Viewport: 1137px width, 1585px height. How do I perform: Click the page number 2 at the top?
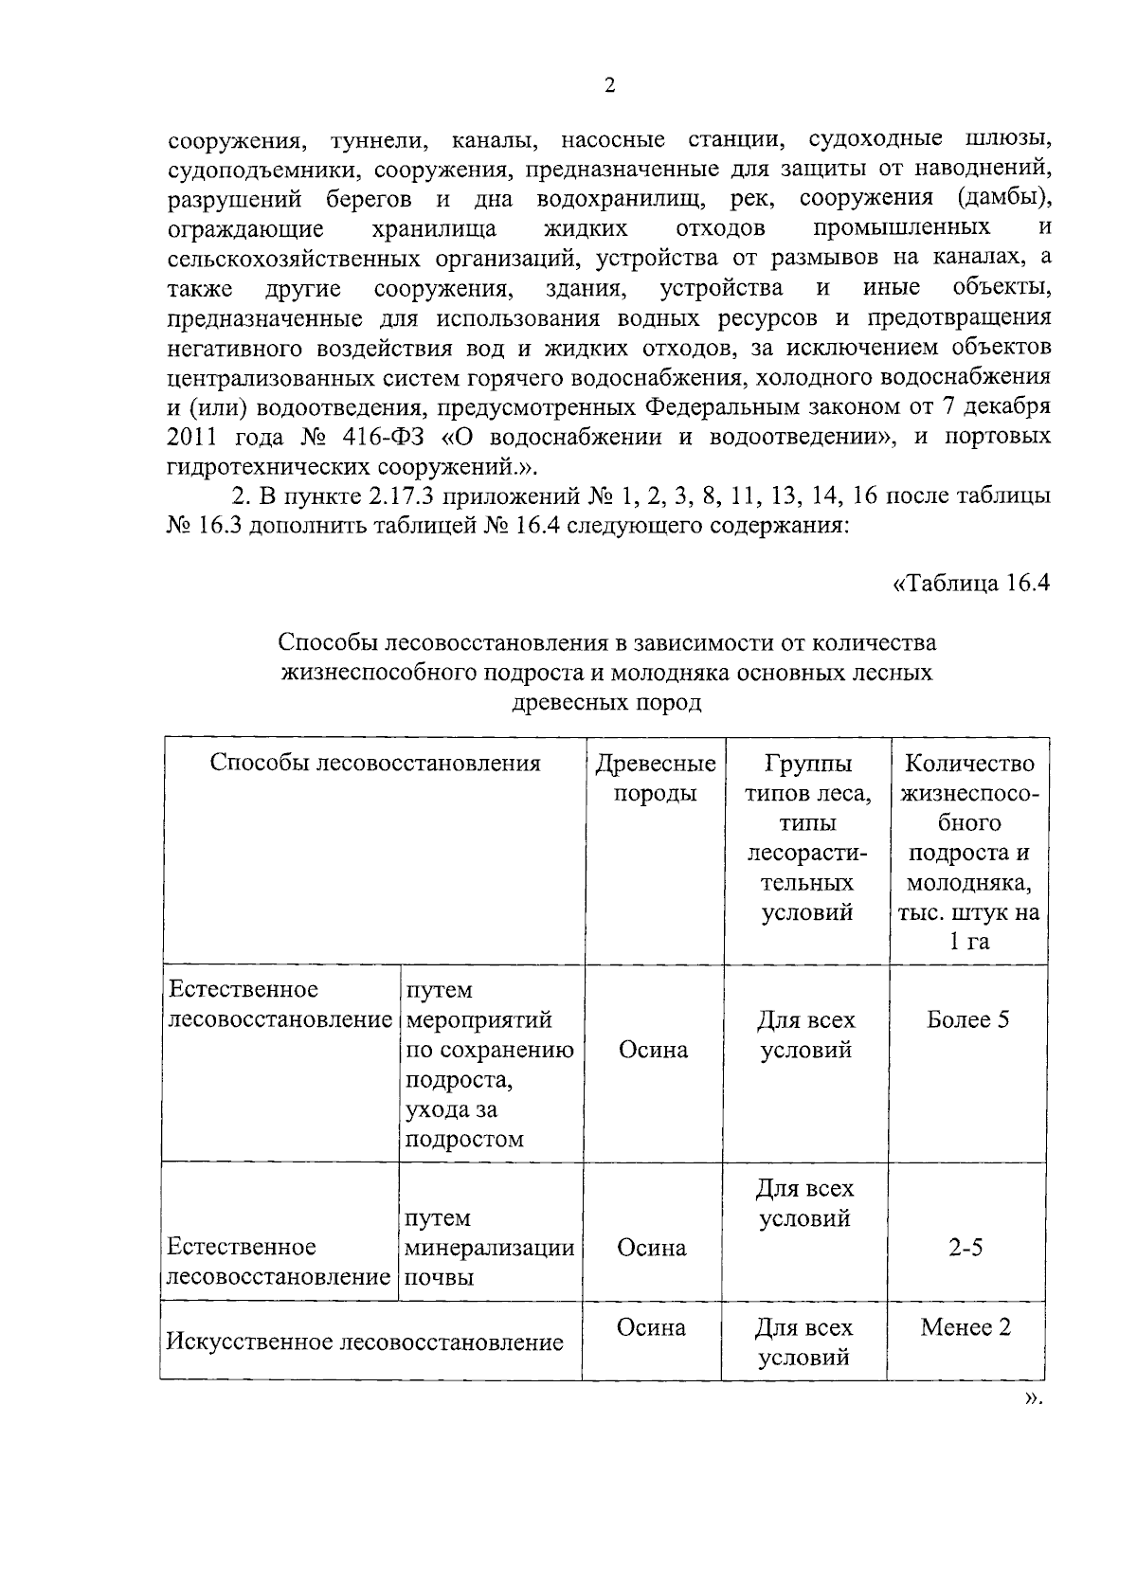(609, 85)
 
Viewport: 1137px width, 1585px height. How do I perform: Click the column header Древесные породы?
(655, 778)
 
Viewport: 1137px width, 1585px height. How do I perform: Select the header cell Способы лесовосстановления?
(374, 764)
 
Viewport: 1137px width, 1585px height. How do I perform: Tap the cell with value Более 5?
(967, 1019)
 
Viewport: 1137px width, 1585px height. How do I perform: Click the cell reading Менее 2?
(966, 1327)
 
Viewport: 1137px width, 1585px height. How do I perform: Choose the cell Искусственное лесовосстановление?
(365, 1342)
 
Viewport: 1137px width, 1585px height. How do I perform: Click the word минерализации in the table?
(490, 1248)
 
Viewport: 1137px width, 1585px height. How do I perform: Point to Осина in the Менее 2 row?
(652, 1327)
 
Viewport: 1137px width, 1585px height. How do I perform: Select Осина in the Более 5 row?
(653, 1050)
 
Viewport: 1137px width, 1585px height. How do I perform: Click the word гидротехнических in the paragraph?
(270, 467)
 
